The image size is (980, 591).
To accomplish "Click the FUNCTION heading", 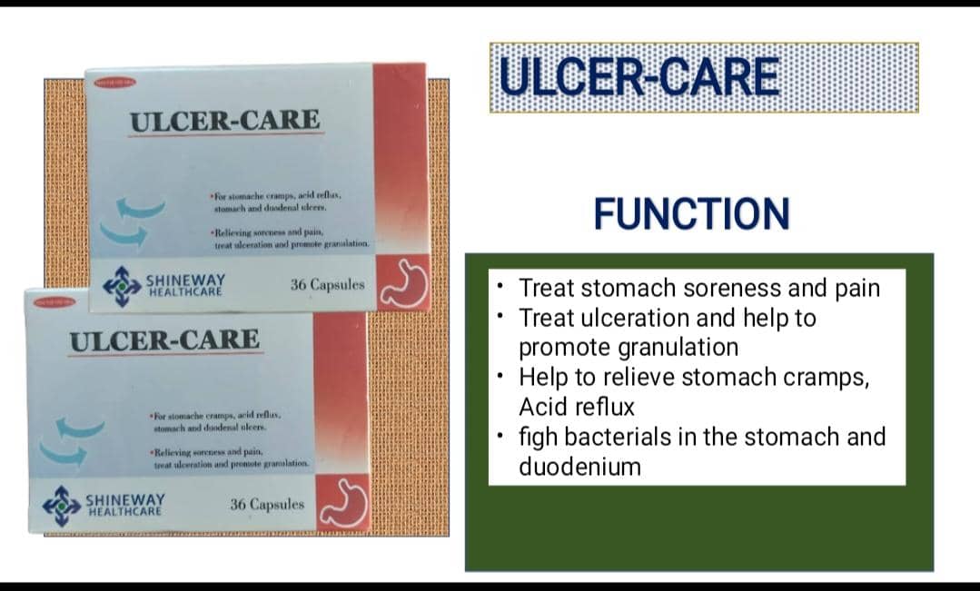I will coord(691,213).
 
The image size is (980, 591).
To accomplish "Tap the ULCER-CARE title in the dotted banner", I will coord(639,76).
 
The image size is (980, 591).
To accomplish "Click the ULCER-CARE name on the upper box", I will coord(224,120).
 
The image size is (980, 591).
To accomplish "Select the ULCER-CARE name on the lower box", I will coord(164,341).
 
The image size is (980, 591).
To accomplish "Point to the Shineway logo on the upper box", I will coord(122,286).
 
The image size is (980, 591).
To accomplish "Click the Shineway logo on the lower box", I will coord(62,506).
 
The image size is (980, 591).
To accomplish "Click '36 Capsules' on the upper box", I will coord(327,284).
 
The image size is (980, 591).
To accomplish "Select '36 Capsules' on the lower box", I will coord(267,504).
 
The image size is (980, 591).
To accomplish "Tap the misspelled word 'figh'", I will coord(538,437).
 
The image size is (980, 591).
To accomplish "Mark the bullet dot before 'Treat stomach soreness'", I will coord(500,287).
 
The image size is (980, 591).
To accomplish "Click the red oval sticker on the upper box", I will coord(115,83).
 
